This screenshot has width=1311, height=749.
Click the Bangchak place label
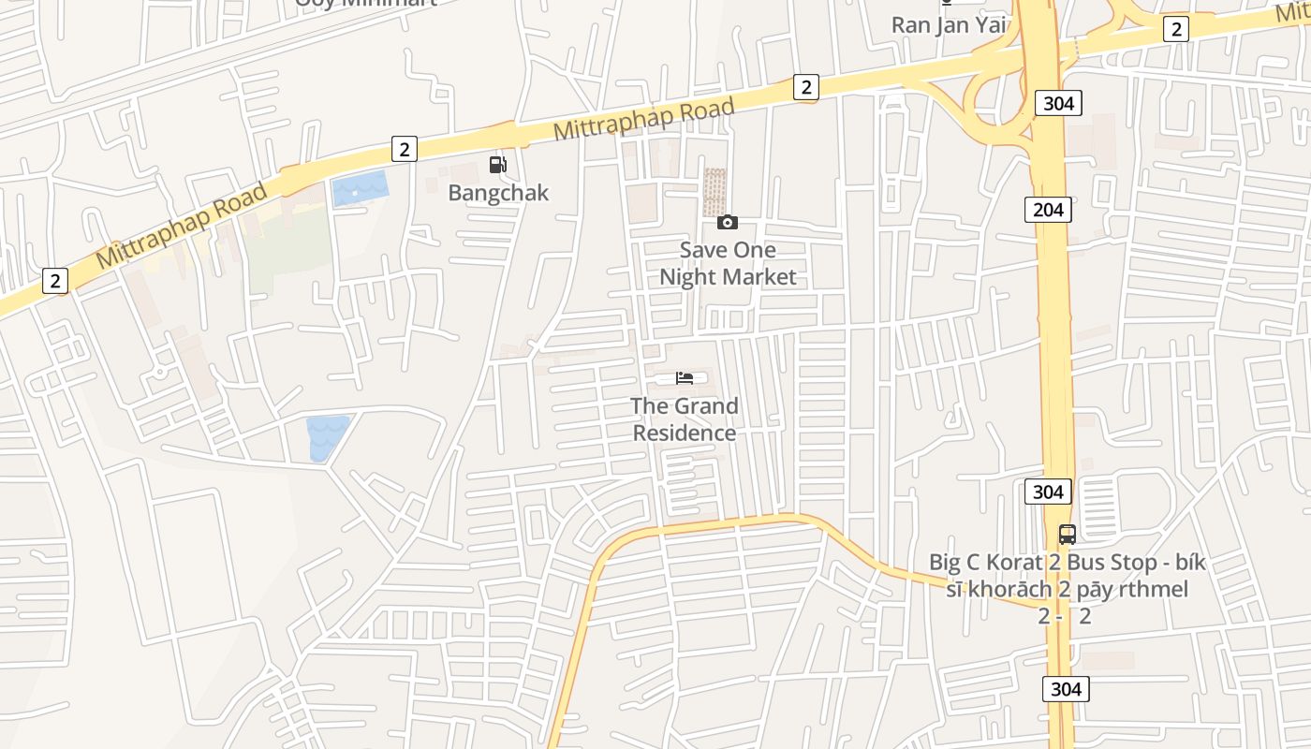[x=498, y=193]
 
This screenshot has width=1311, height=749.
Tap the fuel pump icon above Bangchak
[x=498, y=166]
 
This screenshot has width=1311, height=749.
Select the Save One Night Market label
[x=728, y=263]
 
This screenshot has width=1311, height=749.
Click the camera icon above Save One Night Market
[x=728, y=222]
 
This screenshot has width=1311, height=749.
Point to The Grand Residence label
[x=685, y=419]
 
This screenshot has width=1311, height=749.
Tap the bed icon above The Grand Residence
[x=685, y=378]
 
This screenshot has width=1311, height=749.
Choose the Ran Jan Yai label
[x=949, y=24]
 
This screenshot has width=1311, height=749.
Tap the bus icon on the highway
[x=1067, y=535]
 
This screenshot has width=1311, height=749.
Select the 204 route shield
[x=1048, y=210]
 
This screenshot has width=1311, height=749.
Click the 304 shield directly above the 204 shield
[x=1058, y=103]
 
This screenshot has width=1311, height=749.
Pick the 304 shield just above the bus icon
[x=1048, y=492]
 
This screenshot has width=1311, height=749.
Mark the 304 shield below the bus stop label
[x=1066, y=690]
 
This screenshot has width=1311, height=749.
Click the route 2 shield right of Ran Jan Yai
[x=1176, y=29]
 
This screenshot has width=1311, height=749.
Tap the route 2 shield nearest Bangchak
[x=404, y=149]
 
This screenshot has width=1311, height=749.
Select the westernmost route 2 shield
[x=55, y=280]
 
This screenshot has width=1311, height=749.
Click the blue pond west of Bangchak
[x=360, y=189]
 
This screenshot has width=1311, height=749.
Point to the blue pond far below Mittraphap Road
[x=327, y=437]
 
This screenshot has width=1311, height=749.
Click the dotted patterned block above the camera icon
[x=714, y=191]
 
